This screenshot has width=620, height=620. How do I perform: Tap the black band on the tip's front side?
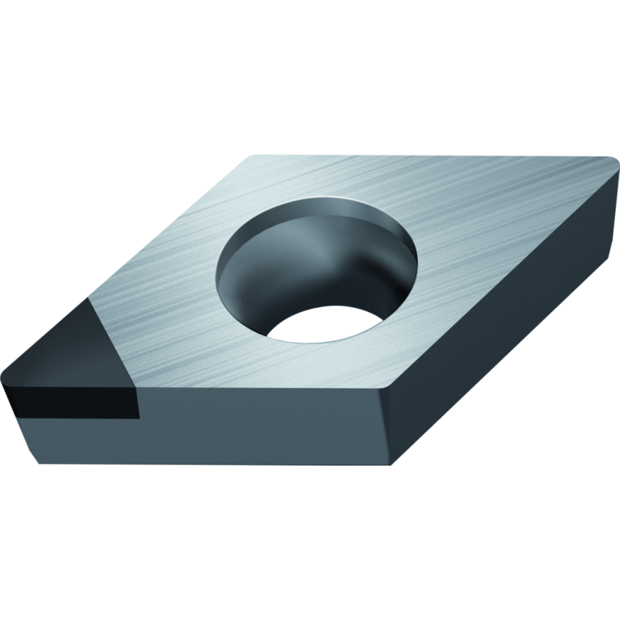tap(65, 401)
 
